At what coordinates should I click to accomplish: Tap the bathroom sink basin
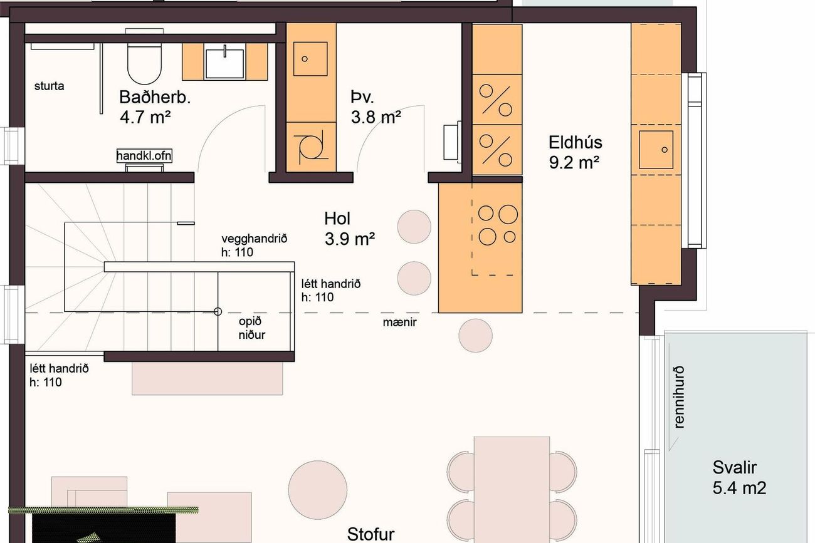click(224, 64)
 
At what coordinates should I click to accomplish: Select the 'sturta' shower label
click(49, 86)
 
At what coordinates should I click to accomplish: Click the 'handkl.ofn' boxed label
click(144, 156)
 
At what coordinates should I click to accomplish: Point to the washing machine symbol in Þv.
click(310, 147)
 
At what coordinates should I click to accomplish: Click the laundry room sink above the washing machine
click(310, 59)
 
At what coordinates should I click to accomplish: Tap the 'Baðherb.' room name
click(155, 98)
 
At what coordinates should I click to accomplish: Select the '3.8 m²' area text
click(376, 117)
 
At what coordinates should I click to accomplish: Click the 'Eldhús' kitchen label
click(576, 142)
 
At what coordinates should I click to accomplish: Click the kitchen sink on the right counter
click(656, 150)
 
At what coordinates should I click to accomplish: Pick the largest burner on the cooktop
click(508, 214)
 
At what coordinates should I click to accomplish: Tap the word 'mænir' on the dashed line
click(399, 322)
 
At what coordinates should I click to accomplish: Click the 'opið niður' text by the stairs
click(252, 328)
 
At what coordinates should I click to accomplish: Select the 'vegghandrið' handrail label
click(255, 239)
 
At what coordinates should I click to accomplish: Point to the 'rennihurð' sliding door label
click(680, 397)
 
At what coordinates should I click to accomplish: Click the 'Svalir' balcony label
click(734, 468)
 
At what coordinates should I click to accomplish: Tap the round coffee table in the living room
click(318, 490)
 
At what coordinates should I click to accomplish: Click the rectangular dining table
click(512, 490)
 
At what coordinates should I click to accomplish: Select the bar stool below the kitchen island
click(475, 336)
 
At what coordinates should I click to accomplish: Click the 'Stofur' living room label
click(371, 534)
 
